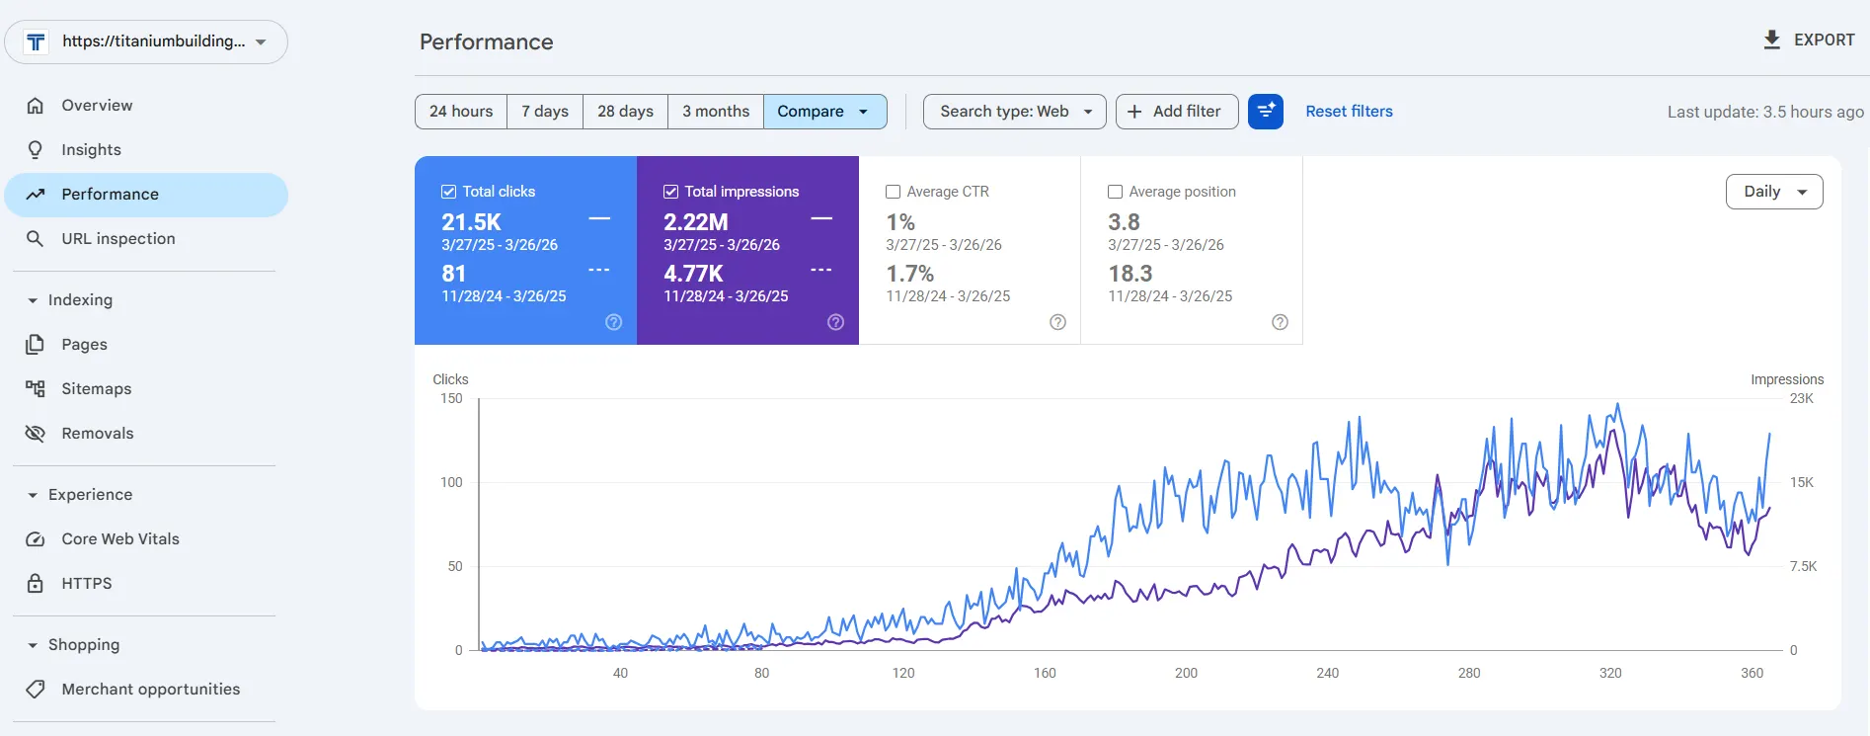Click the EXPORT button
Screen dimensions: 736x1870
1809,40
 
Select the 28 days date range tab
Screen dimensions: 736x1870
625,112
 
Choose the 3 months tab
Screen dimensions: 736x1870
715,112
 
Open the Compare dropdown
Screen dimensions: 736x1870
823,112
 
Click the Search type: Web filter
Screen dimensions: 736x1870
1014,112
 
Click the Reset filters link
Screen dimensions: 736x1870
1349,112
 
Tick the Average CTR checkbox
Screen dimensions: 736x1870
893,192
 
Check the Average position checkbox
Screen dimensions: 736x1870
1115,192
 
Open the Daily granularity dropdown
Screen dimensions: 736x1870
1773,192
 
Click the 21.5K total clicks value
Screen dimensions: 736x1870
471,222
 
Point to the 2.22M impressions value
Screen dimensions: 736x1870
695,222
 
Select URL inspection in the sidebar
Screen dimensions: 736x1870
117,239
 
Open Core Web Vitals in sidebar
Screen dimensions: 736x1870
119,539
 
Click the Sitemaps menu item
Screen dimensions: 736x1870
96,389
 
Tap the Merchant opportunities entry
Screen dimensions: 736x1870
150,690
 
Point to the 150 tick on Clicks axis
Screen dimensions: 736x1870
451,399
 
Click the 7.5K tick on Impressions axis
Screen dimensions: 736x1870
1803,567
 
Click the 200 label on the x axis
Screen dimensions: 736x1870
1186,674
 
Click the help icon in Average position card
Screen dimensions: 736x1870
1280,322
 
